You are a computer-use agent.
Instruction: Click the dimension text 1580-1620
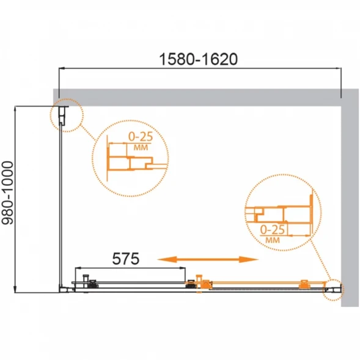pos(199,59)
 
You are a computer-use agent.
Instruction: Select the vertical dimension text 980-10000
pos(7,193)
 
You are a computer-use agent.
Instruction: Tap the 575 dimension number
pos(125,259)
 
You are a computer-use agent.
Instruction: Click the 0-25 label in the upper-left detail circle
pos(141,137)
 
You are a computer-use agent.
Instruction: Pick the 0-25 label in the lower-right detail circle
pos(273,230)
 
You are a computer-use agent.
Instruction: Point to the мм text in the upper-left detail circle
pos(141,147)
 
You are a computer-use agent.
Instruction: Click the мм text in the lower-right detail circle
pos(273,240)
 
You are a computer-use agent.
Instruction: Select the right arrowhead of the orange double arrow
pos(249,259)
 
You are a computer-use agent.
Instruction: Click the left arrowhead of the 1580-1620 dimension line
pos(62,68)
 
